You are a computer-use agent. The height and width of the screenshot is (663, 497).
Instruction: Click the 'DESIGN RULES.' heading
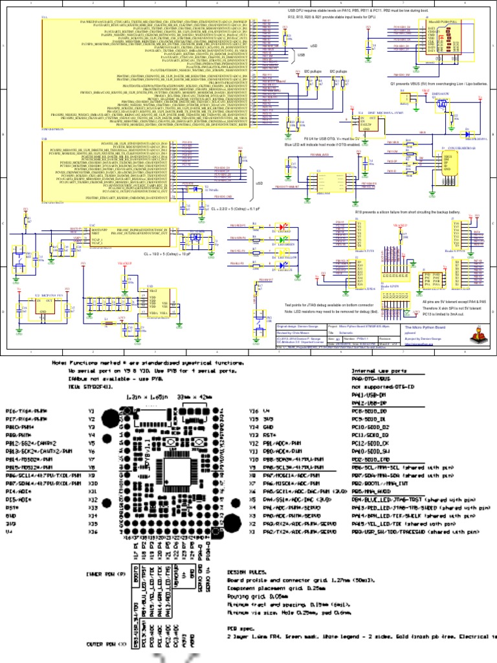click(x=245, y=572)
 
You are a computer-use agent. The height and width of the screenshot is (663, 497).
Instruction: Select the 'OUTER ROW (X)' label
click(x=104, y=645)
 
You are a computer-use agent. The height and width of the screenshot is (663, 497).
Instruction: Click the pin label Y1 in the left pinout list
click(x=93, y=411)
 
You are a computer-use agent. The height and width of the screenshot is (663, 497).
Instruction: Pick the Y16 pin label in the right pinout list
click(x=254, y=411)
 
